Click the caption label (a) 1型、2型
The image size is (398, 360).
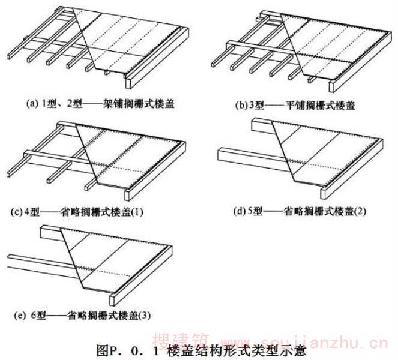tap(54, 104)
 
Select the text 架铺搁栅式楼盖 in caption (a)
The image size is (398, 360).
tap(140, 104)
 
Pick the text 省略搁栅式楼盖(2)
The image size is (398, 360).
tap(324, 211)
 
